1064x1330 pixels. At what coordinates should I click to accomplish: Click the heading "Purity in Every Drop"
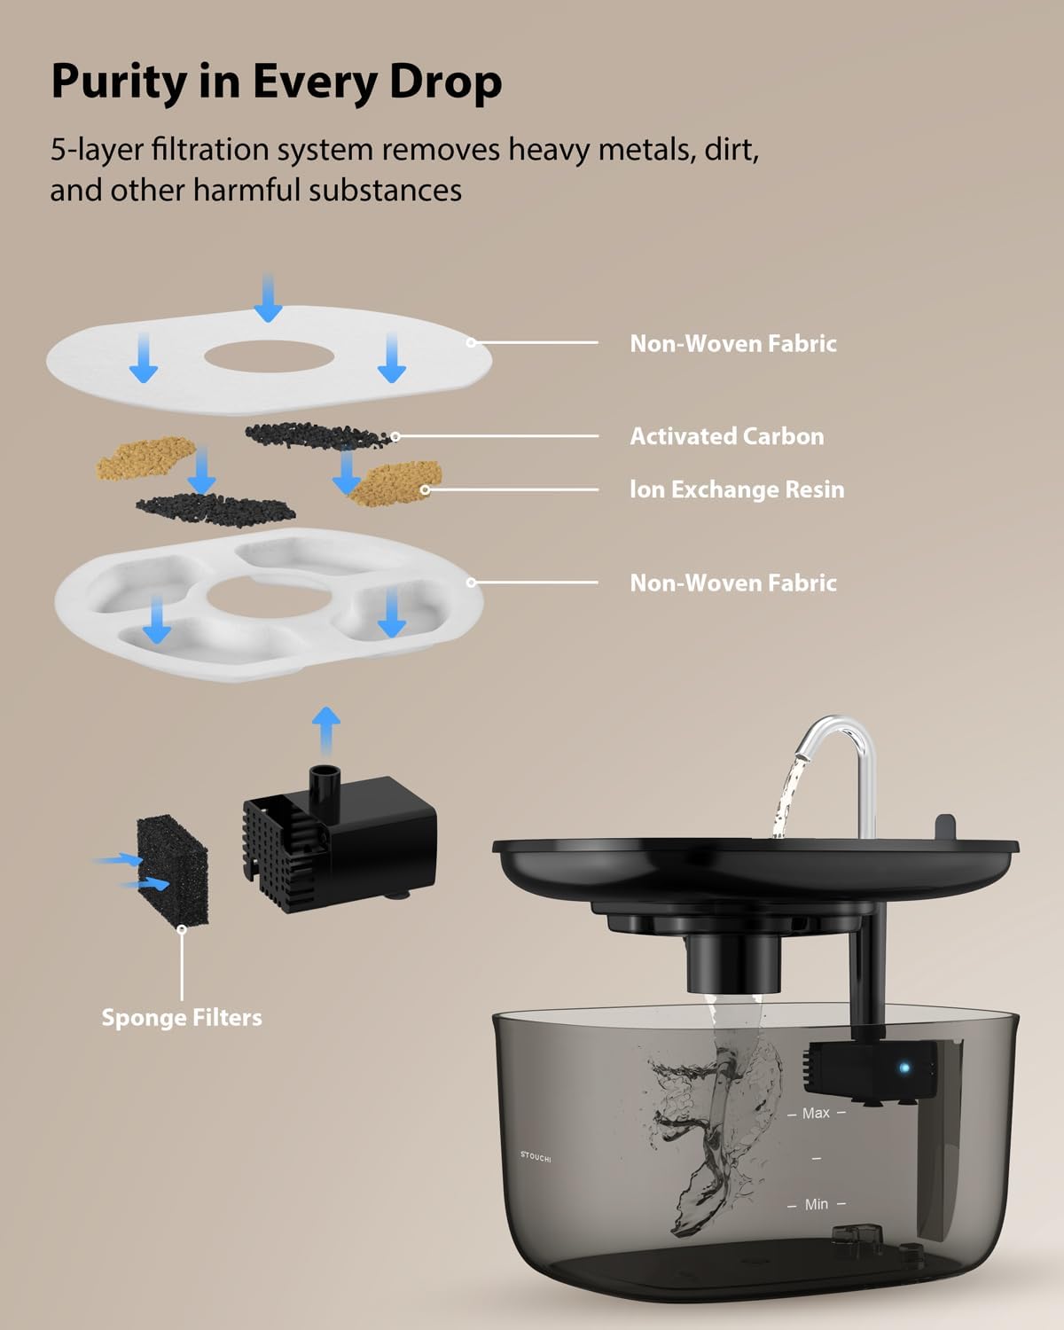point(276,82)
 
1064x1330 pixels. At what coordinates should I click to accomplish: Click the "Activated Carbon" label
point(726,436)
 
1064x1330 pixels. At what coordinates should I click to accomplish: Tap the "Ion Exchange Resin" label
point(736,489)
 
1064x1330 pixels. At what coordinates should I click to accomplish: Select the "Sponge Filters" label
point(182,1017)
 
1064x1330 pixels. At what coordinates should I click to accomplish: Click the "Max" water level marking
point(816,1113)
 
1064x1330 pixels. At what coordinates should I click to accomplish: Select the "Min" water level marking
point(816,1204)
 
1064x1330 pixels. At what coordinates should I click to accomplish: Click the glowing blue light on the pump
point(904,1067)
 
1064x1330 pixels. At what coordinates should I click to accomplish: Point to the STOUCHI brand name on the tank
point(536,1156)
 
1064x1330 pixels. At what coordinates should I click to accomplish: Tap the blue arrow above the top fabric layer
point(268,297)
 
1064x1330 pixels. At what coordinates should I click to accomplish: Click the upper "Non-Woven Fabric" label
point(732,343)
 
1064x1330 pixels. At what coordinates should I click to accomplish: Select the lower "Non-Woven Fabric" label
point(732,583)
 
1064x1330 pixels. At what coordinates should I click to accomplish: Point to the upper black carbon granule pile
point(315,434)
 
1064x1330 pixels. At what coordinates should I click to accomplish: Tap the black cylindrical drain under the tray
point(733,964)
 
